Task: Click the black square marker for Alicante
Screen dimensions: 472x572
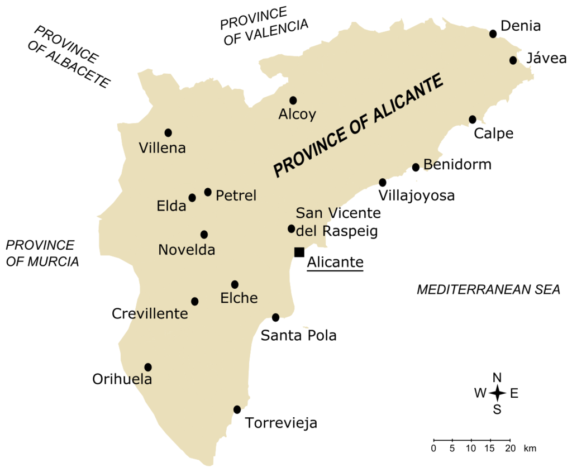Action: click(299, 252)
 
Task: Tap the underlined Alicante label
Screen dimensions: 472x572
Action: click(335, 263)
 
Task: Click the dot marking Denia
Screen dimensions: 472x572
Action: click(493, 34)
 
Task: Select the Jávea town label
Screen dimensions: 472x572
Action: click(546, 59)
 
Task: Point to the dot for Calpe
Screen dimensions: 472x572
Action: click(473, 120)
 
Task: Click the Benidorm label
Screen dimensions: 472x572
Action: click(457, 164)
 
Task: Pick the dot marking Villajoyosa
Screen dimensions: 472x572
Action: click(383, 183)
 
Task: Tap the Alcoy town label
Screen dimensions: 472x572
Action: click(297, 115)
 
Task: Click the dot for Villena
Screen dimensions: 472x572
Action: click(168, 133)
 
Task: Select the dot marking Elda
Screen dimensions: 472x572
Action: click(192, 198)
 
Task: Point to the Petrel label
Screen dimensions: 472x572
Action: click(236, 196)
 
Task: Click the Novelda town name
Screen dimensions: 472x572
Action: click(187, 250)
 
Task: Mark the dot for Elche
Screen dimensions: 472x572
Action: click(235, 284)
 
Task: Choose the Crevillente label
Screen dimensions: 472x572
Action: click(150, 314)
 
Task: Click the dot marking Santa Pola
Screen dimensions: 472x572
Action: click(275, 318)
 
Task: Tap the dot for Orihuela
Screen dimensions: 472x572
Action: click(148, 367)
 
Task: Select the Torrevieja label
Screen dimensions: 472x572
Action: click(281, 423)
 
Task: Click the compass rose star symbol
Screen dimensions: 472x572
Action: click(497, 393)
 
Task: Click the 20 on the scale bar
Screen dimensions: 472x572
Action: click(510, 449)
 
